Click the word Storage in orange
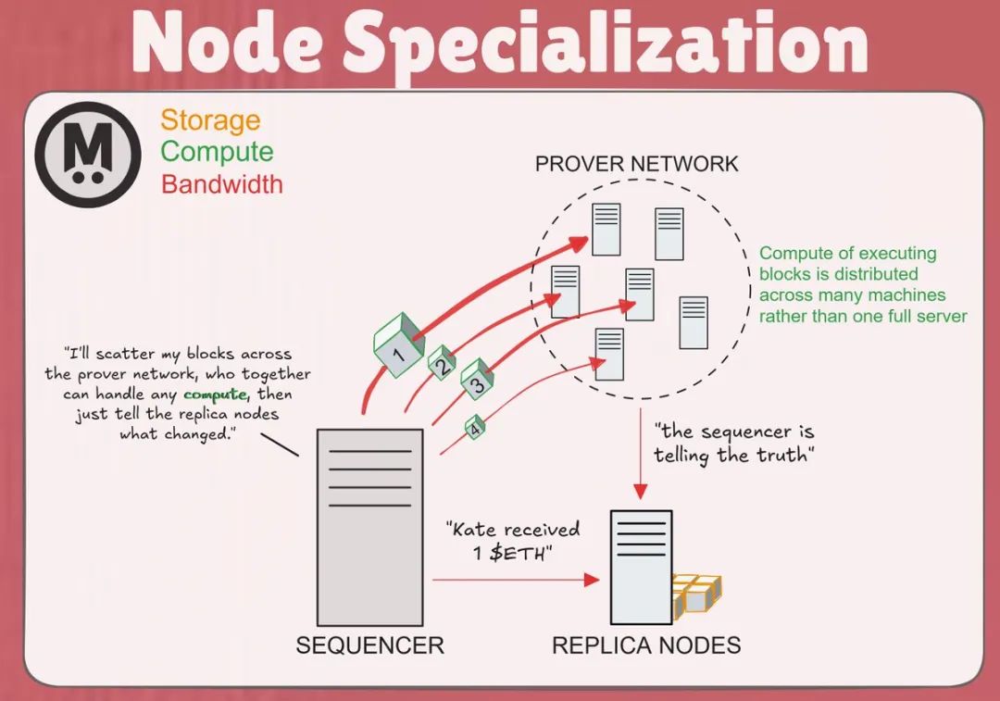click(210, 119)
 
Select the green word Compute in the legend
click(217, 152)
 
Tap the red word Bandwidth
click(222, 183)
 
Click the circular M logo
click(88, 154)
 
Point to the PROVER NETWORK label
click(637, 165)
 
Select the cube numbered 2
click(442, 364)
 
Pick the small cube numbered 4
click(475, 427)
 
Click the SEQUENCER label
click(369, 645)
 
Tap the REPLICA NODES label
click(646, 645)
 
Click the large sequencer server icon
click(369, 526)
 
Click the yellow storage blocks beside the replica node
click(696, 594)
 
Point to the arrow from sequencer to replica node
click(514, 581)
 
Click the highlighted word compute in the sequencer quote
click(216, 394)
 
